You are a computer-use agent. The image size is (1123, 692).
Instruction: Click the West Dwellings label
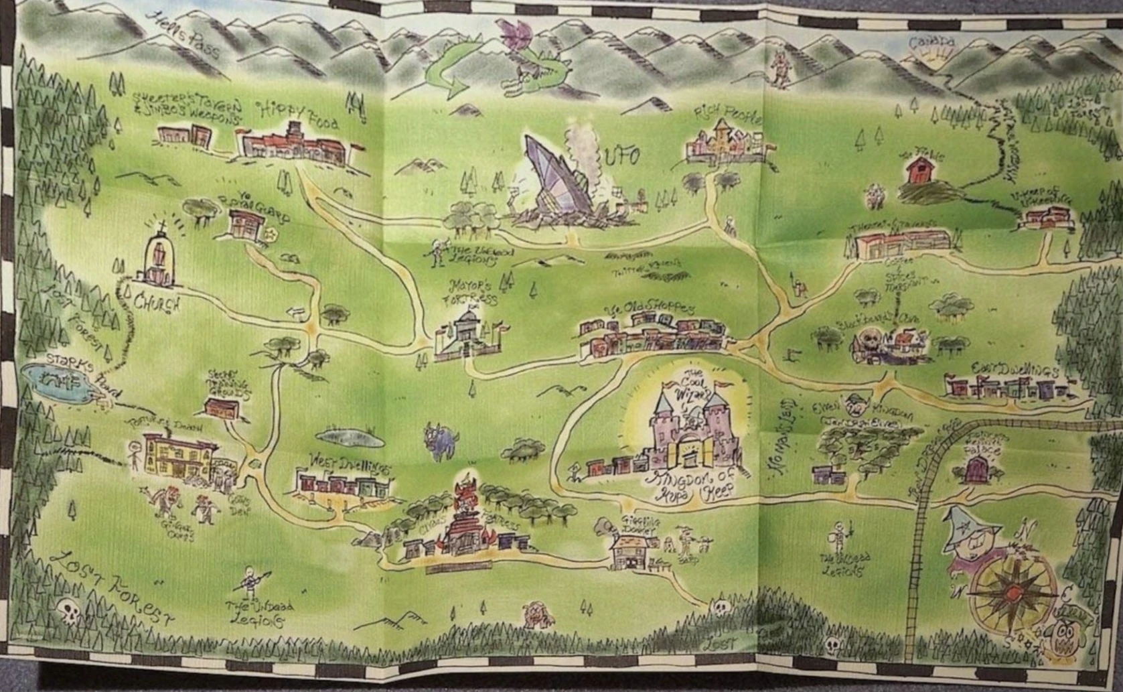(x=340, y=462)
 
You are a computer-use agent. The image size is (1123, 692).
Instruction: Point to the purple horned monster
(x=441, y=443)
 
